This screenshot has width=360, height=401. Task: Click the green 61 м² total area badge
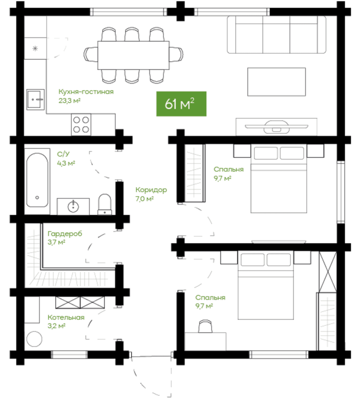181,104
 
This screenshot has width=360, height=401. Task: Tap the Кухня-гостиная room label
86,92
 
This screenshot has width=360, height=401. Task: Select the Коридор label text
151,190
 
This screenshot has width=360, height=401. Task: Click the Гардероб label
65,234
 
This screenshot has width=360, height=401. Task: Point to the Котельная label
66,317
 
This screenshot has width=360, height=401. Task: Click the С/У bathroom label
63,154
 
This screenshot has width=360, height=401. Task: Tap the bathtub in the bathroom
37,180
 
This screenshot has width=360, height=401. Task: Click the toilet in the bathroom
105,204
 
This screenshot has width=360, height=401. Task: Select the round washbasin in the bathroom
73,206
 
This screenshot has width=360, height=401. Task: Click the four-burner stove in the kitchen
81,124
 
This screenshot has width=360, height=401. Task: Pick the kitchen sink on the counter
36,100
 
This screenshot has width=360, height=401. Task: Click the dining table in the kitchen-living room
134,55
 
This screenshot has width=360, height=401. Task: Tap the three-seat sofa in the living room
276,35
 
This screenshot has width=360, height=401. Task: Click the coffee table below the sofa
276,82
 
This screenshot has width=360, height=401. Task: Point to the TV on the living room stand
276,126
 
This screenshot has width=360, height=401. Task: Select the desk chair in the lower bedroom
205,326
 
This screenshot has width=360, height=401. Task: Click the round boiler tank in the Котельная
34,339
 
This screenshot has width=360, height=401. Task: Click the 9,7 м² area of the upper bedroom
222,178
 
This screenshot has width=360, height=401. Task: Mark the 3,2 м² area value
56,326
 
